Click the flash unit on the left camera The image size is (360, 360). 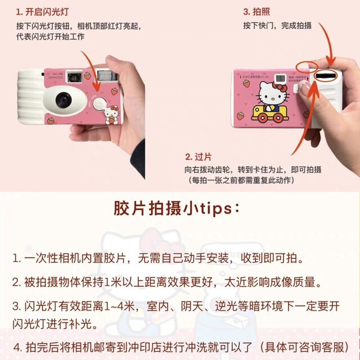(x=105, y=75)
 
